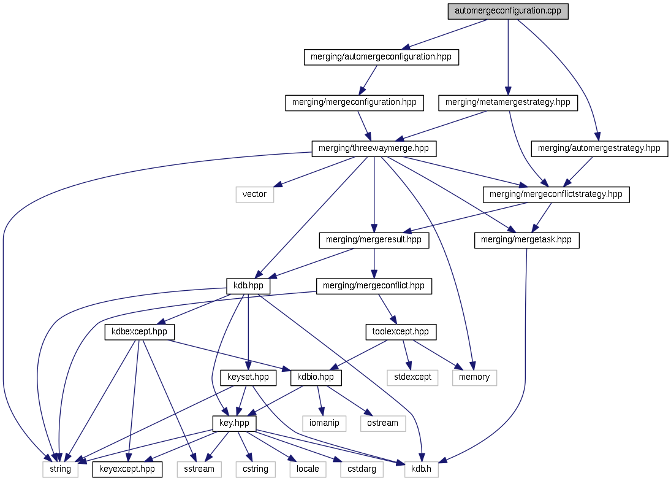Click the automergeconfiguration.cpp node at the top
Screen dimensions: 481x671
(x=508, y=11)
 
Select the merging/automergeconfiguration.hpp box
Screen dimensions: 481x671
(x=381, y=57)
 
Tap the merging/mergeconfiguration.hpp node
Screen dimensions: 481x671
(x=355, y=102)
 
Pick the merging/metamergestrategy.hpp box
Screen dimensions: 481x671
(x=508, y=102)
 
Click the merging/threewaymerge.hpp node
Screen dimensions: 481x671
(x=374, y=148)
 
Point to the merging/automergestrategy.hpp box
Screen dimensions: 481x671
(x=599, y=148)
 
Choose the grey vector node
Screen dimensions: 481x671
(x=254, y=194)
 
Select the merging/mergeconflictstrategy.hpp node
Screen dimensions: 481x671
(x=556, y=194)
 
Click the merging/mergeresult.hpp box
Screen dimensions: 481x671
(x=374, y=240)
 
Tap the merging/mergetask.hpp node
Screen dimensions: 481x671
(x=527, y=240)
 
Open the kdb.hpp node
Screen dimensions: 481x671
(x=248, y=286)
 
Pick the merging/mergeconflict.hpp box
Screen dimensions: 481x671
(x=374, y=286)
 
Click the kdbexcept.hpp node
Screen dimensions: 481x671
(x=140, y=332)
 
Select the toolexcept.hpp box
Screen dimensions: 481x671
(x=401, y=332)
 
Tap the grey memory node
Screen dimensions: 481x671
(x=474, y=377)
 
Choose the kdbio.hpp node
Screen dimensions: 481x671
(x=316, y=377)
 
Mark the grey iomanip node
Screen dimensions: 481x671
(x=324, y=423)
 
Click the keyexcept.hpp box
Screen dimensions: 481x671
(x=128, y=469)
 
